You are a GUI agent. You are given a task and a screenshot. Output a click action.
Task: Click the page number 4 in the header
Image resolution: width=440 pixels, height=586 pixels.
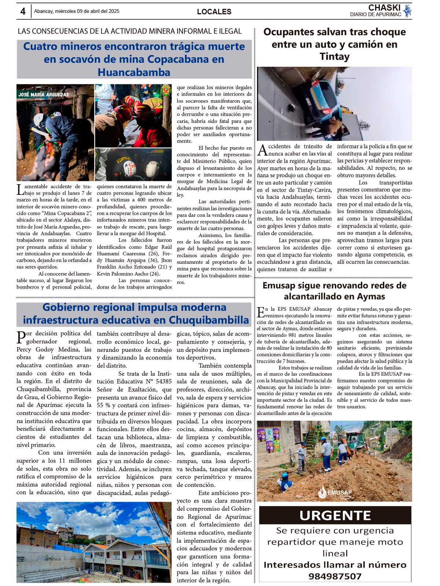[23, 11]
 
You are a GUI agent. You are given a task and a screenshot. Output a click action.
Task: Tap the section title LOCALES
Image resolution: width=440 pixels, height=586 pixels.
[214, 12]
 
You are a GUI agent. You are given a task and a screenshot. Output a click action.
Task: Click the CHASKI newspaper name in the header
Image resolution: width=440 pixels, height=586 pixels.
[384, 8]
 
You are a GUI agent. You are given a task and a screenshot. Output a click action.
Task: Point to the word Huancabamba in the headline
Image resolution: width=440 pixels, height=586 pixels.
[134, 72]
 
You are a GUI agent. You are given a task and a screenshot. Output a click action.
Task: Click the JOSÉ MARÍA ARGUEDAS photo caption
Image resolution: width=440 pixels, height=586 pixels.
[44, 94]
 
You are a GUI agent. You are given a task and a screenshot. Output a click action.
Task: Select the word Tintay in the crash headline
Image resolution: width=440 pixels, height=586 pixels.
[334, 57]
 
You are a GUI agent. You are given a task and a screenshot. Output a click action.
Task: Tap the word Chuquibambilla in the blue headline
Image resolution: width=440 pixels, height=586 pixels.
[209, 320]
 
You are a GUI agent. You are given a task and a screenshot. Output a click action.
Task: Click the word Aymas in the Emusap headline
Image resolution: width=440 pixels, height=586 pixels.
[371, 296]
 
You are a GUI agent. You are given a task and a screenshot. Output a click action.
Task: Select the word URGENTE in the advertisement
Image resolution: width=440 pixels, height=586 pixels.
[335, 516]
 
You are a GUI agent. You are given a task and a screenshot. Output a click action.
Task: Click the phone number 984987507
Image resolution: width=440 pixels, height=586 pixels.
[335, 576]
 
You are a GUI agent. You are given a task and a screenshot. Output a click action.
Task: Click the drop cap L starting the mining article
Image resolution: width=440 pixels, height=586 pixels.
[20, 190]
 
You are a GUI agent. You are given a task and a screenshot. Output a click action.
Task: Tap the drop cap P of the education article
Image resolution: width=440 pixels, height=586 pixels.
[21, 337]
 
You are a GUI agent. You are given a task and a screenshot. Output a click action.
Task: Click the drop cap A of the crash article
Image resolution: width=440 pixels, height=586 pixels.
[262, 150]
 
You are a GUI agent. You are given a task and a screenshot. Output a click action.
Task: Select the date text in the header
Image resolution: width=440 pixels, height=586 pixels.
[77, 11]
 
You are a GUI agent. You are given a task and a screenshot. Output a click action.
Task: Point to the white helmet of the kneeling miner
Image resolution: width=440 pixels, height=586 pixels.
[39, 120]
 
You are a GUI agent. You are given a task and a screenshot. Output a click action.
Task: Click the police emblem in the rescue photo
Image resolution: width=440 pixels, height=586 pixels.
[166, 90]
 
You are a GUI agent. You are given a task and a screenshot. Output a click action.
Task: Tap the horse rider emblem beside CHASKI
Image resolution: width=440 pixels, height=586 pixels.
[407, 11]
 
